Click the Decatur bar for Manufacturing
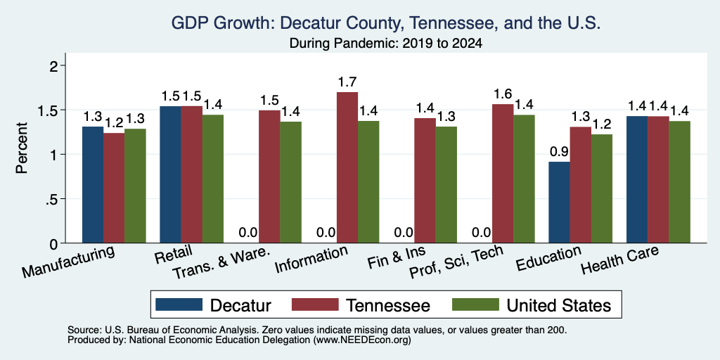coord(93,185)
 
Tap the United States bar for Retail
coord(212,179)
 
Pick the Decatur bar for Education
coord(559,202)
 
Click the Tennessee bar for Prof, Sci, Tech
coord(503,174)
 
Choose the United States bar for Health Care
coord(680,182)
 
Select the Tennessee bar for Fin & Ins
coord(425,181)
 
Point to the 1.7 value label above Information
coord(347,82)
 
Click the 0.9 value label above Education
coord(559,152)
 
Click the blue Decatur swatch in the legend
coord(179,304)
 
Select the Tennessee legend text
coord(387,305)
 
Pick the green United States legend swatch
coord(475,304)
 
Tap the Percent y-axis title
coord(22,148)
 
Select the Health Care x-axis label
coord(620,260)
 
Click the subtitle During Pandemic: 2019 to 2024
coord(386,44)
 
